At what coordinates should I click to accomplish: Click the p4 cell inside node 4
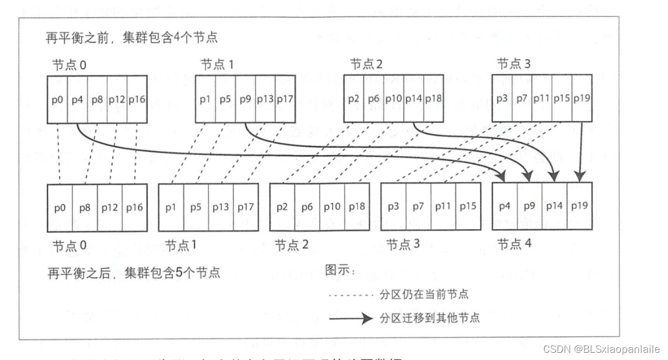click(x=504, y=207)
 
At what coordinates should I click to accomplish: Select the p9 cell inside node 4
click(x=529, y=207)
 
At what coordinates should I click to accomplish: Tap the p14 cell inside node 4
click(x=554, y=207)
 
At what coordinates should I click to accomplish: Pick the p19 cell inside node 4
click(x=580, y=207)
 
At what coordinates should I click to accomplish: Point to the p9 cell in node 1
click(x=245, y=99)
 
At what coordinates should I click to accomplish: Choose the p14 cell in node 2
click(x=413, y=99)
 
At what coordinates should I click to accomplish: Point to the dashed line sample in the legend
click(x=350, y=295)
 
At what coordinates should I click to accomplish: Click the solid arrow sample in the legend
click(x=350, y=319)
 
